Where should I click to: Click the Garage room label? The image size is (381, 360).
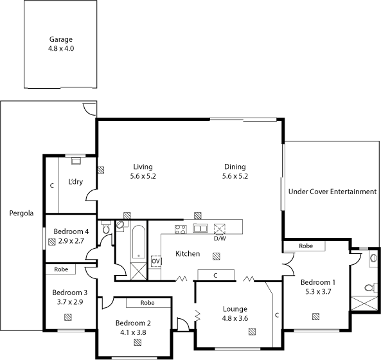61,39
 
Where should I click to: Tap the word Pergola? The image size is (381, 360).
21,213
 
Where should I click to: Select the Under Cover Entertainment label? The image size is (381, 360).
332,192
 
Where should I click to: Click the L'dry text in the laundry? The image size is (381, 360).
76,182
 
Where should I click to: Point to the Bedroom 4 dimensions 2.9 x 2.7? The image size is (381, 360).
71,240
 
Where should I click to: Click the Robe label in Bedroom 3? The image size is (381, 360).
61,269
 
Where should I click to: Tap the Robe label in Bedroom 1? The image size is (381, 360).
306,246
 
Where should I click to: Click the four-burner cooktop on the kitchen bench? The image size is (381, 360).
181,228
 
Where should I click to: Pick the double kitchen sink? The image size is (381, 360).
200,228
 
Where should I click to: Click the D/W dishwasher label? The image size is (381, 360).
220,239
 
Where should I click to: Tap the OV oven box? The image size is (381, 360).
155,262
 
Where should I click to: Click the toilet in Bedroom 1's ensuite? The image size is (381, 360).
368,287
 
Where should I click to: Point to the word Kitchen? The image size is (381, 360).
188,254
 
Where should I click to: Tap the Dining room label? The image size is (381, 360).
235,166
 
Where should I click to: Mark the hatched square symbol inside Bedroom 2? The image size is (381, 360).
137,343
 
